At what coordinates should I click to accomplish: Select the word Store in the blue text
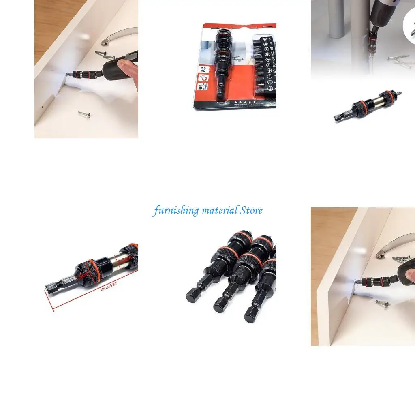pyautogui.click(x=251, y=210)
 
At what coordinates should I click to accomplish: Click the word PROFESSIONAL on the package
pyautogui.click(x=245, y=105)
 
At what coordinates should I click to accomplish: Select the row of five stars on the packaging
pyautogui.click(x=245, y=101)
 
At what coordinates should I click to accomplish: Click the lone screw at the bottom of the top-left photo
pyautogui.click(x=84, y=114)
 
